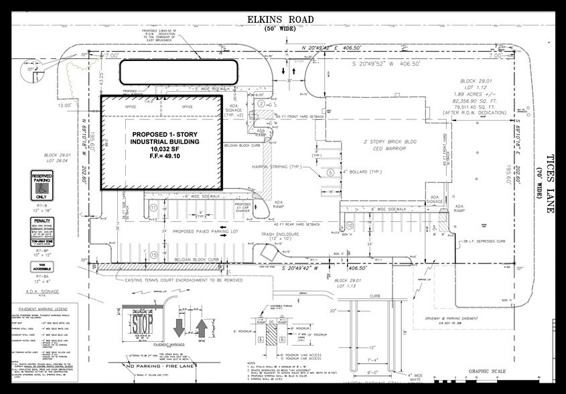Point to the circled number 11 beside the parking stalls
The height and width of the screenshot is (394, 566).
pos(153,208)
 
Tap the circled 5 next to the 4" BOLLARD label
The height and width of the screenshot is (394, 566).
pos(330,172)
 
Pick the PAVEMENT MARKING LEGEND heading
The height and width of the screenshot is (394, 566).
pos(40,310)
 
